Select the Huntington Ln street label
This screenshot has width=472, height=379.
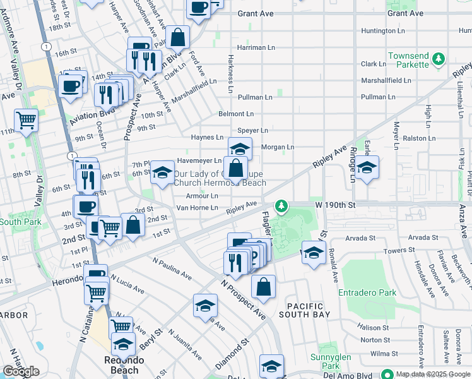[x=382, y=31]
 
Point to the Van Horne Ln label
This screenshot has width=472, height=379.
[x=197, y=207]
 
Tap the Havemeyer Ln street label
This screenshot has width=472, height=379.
[x=199, y=160]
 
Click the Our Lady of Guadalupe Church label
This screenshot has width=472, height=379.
[x=219, y=178]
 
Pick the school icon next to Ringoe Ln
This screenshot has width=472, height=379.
[x=366, y=168]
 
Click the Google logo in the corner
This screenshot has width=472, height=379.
[x=21, y=371]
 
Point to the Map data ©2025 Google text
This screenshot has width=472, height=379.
[x=430, y=374]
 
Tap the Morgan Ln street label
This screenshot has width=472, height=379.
[x=278, y=147]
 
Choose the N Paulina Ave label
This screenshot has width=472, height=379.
[x=172, y=268]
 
